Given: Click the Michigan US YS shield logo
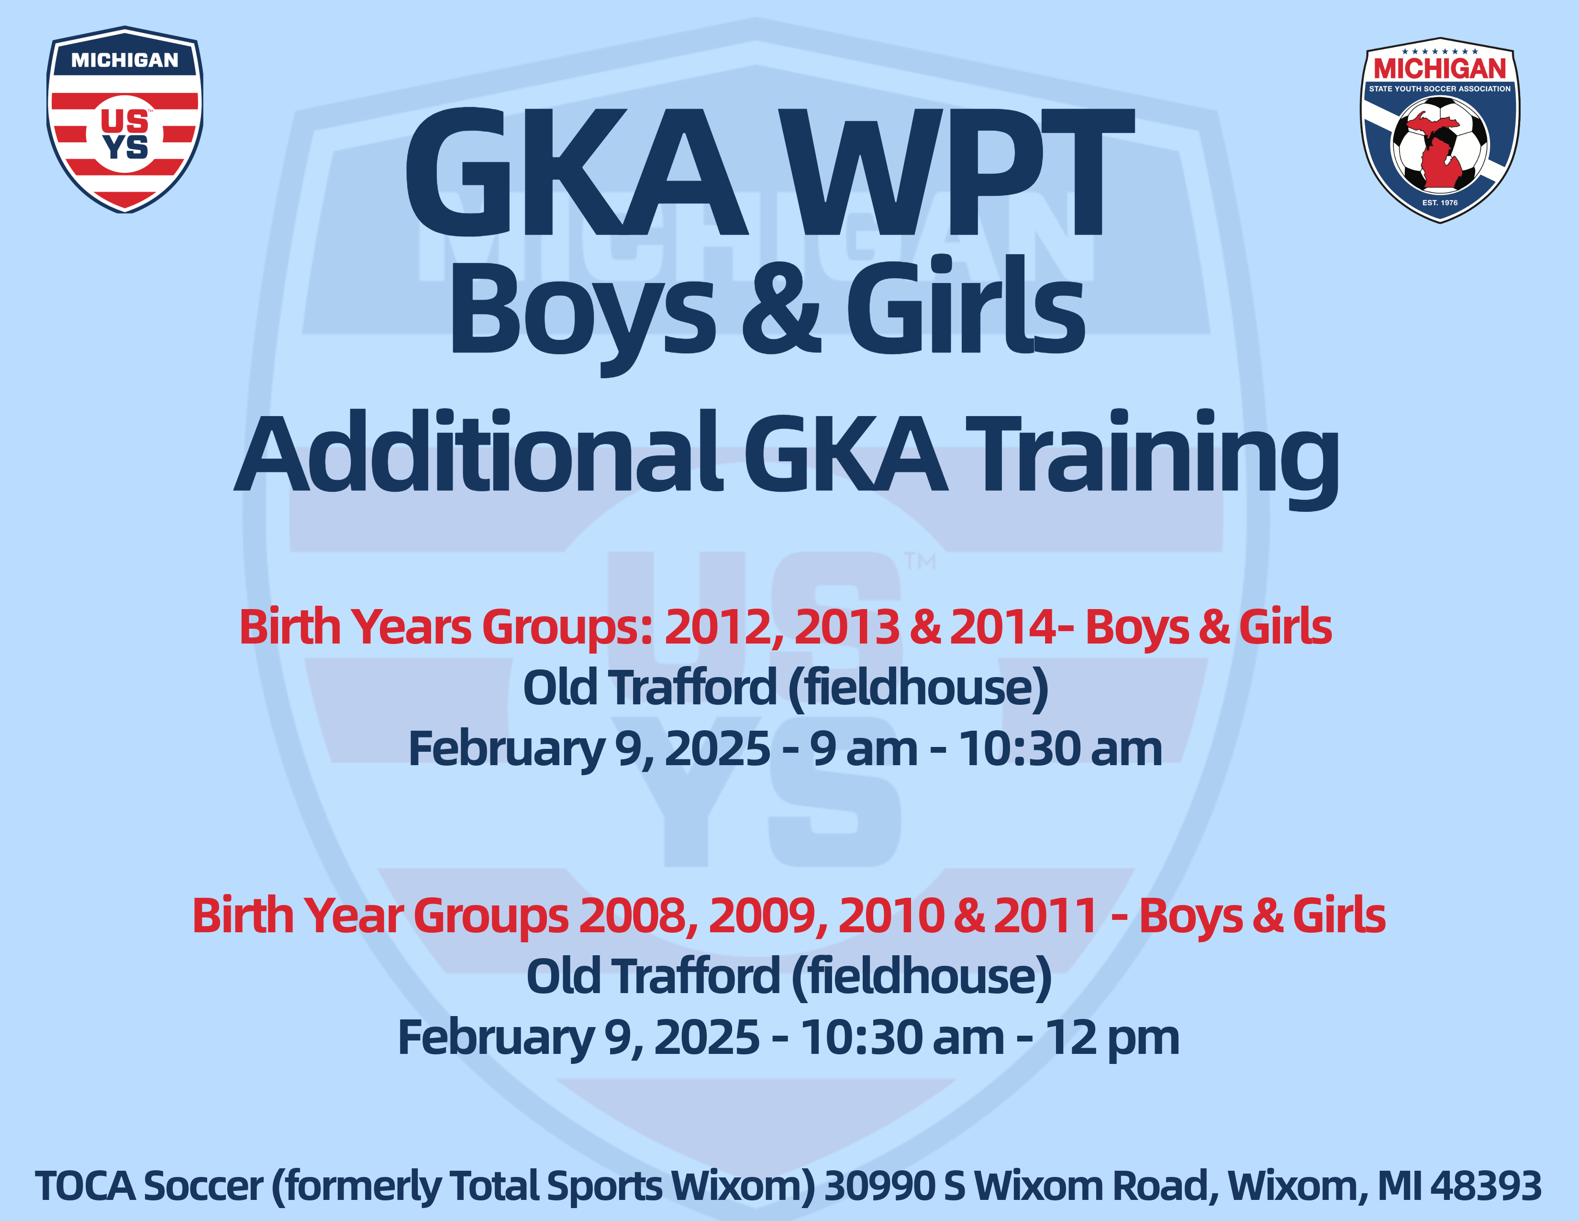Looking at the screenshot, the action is (124, 119).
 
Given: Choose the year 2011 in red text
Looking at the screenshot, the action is (1046, 916).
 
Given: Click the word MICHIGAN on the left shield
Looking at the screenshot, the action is (124, 60).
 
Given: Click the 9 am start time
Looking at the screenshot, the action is (864, 749).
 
